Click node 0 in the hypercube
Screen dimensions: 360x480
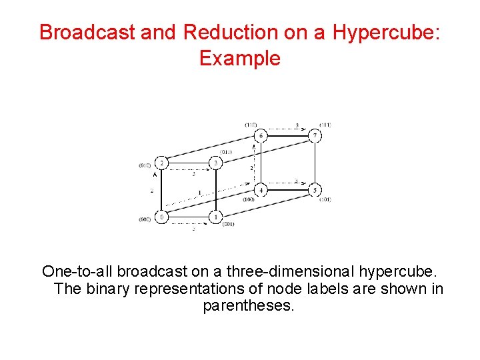tap(161, 217)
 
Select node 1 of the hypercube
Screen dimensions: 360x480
tap(215, 217)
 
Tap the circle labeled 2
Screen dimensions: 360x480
tap(161, 163)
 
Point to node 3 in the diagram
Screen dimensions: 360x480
tap(215, 163)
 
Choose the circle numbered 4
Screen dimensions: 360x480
tap(261, 191)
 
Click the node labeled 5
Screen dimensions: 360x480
tap(315, 191)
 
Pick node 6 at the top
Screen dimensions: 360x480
tap(261, 136)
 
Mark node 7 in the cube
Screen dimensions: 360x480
tap(315, 136)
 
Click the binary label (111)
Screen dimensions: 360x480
tap(325, 125)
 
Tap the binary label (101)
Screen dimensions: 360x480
tap(325, 199)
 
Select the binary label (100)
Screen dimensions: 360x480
tap(248, 199)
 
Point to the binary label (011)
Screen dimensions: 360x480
tap(225, 152)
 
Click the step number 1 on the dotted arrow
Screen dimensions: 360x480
tap(199, 194)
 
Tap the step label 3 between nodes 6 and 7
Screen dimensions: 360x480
tap(296, 125)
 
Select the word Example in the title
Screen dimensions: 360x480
tap(240, 58)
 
